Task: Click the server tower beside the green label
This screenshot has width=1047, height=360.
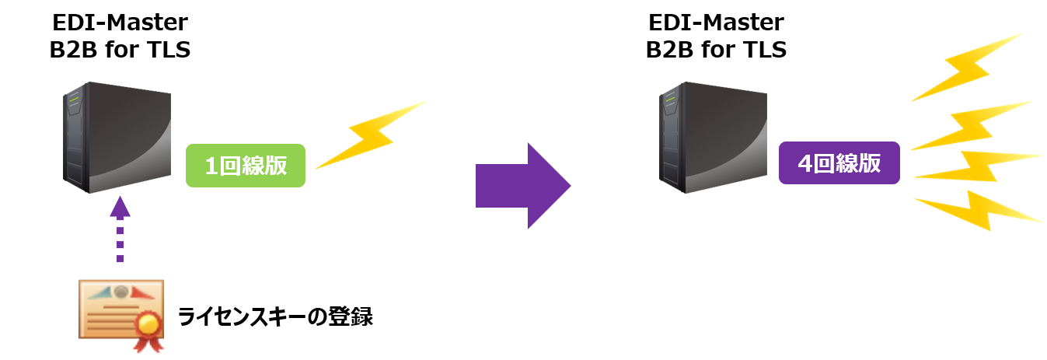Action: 117,137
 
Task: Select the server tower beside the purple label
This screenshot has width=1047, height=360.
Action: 713,137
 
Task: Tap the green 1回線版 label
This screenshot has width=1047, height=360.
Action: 246,166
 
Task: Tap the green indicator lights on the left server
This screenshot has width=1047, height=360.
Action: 75,100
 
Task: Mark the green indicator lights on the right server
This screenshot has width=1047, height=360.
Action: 672,100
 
